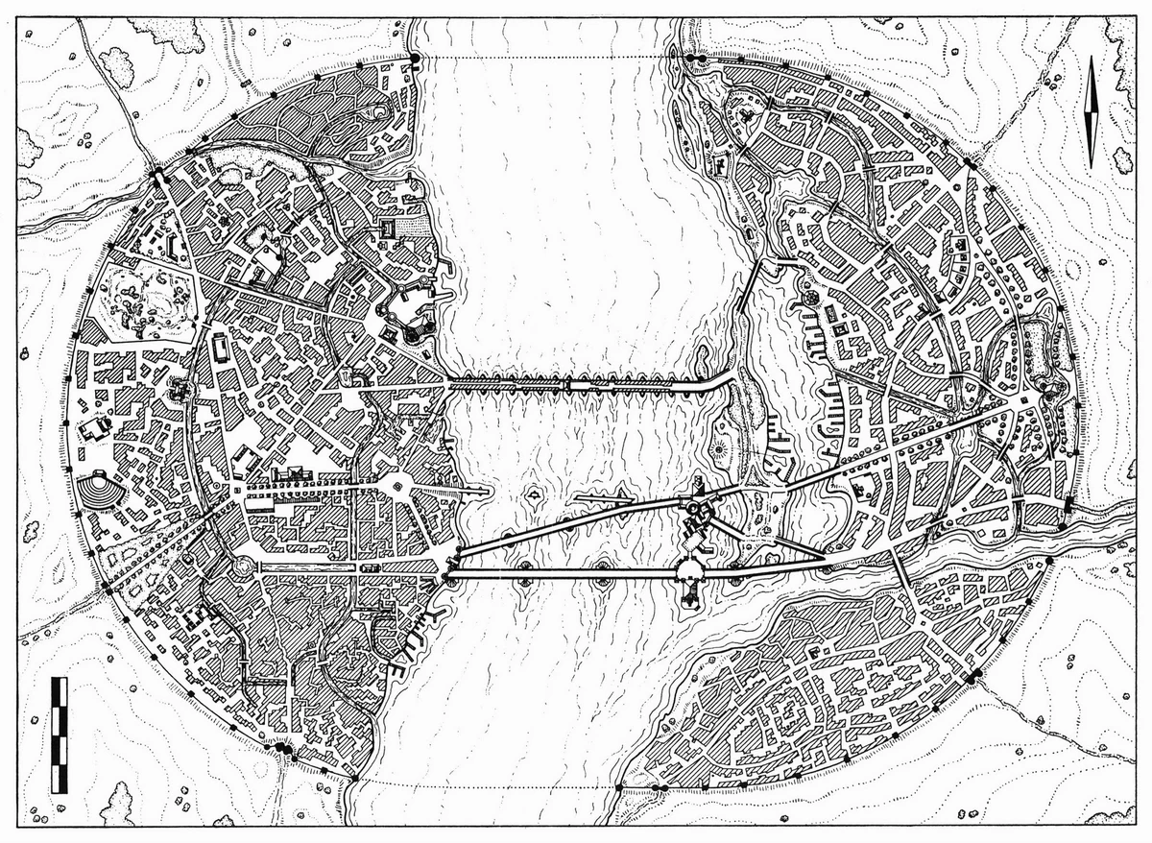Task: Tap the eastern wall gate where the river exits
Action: coord(1068,507)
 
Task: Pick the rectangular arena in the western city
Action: coord(220,347)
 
